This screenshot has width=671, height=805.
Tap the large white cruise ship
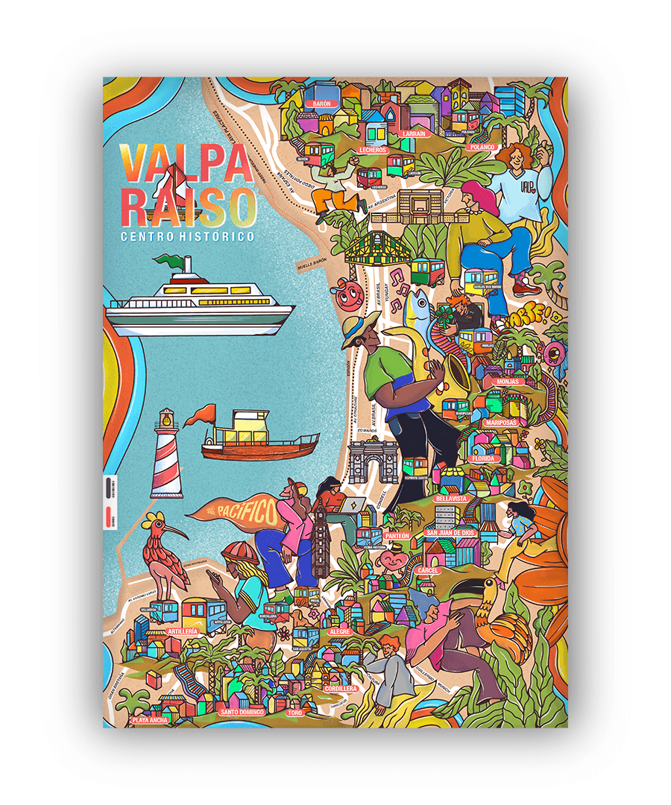coord(200,298)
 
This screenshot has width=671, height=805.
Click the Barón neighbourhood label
coord(322,104)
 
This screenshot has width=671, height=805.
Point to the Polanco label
coord(482,147)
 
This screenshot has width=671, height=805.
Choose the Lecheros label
coord(373,150)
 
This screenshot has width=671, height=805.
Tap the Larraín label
coord(413,133)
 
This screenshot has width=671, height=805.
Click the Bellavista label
coord(451,497)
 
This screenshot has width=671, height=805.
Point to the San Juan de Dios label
coord(449,533)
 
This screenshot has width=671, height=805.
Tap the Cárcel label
coord(429,569)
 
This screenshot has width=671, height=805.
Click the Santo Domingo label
coord(242,712)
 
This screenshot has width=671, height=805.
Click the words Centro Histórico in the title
coord(187,236)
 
